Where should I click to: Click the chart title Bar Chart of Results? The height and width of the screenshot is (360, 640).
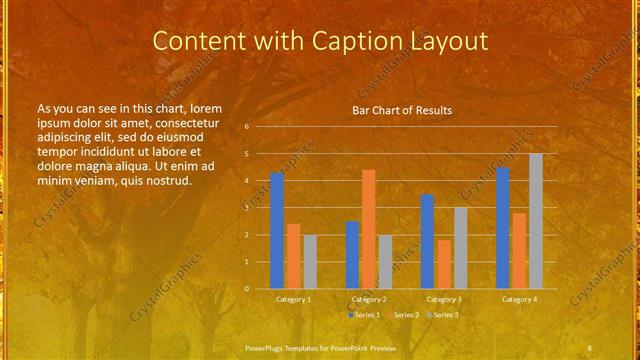pyautogui.click(x=402, y=110)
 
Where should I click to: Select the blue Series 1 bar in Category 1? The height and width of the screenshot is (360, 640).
pyautogui.click(x=277, y=230)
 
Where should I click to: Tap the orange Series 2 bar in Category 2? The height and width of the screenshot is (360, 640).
pyautogui.click(x=368, y=229)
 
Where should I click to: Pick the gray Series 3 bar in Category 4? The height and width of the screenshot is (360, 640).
pyautogui.click(x=536, y=221)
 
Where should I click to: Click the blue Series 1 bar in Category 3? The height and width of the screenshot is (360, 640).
pyautogui.click(x=427, y=241)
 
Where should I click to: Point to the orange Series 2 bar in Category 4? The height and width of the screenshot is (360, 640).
pyautogui.click(x=519, y=250)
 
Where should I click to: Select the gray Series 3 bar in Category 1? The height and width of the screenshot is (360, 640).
pyautogui.click(x=310, y=261)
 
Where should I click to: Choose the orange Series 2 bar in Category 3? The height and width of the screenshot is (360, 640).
pyautogui.click(x=444, y=264)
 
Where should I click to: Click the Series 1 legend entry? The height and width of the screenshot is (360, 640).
pyautogui.click(x=365, y=315)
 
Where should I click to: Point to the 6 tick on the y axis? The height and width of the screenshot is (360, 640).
pyautogui.click(x=247, y=127)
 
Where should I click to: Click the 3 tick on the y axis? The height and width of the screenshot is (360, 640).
pyautogui.click(x=247, y=208)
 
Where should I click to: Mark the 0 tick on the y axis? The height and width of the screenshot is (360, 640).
pyautogui.click(x=247, y=289)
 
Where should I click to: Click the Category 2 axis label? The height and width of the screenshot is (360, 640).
pyautogui.click(x=369, y=299)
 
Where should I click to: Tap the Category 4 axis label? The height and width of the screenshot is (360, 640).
pyautogui.click(x=519, y=299)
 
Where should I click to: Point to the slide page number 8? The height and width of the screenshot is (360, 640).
pyautogui.click(x=590, y=347)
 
